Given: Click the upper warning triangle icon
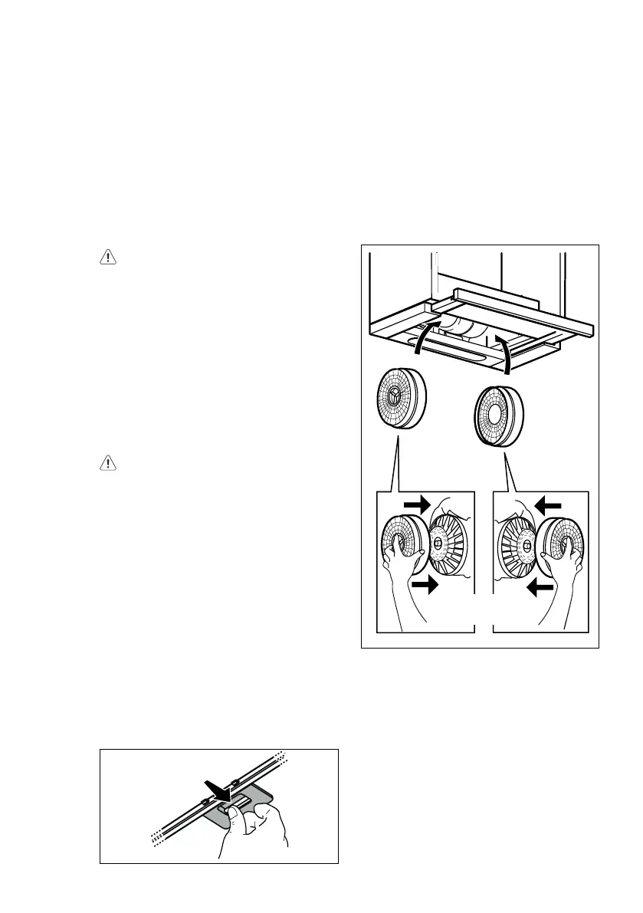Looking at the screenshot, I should (108, 258).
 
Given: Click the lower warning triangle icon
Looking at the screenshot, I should (108, 463).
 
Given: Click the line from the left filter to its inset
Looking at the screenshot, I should (395, 468).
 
